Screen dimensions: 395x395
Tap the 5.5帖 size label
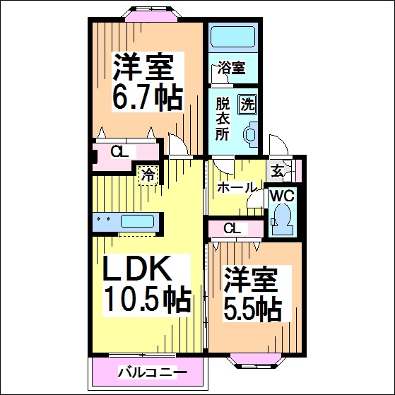click(x=253, y=308)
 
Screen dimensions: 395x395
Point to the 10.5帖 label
click(x=147, y=300)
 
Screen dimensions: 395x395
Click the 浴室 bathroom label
click(x=231, y=69)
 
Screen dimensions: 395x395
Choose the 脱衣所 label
click(x=223, y=118)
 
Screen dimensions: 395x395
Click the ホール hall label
click(x=237, y=187)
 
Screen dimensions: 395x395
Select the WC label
click(x=281, y=194)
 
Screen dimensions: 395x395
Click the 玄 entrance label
click(x=278, y=170)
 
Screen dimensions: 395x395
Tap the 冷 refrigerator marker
click(x=147, y=173)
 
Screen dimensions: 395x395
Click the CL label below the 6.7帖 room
click(x=119, y=151)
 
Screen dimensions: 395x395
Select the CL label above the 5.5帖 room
click(x=232, y=228)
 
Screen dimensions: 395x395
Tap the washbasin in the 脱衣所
click(x=250, y=134)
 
